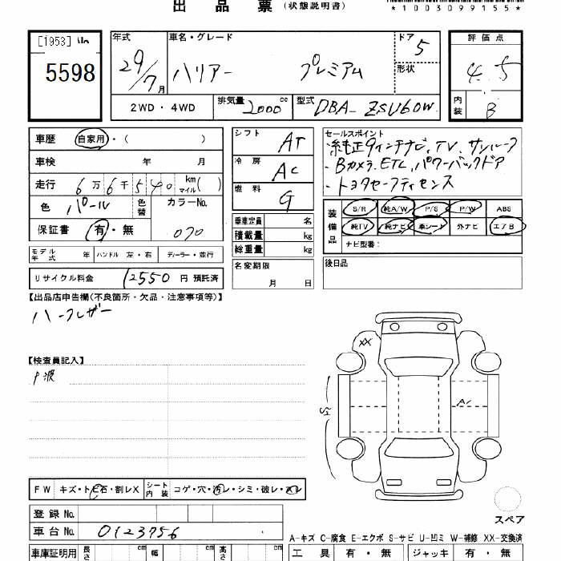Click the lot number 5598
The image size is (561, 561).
(x=71, y=75)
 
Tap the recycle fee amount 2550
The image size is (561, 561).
(x=147, y=277)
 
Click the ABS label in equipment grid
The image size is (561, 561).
(x=503, y=208)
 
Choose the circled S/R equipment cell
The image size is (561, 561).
(x=358, y=208)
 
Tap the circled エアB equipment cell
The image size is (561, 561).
(x=503, y=227)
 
